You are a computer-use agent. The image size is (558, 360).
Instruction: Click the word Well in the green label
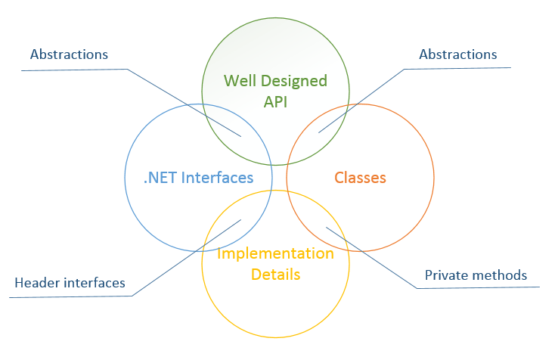[240, 81]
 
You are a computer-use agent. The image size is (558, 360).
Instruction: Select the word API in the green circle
[275, 102]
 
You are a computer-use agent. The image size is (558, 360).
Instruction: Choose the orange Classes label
[360, 178]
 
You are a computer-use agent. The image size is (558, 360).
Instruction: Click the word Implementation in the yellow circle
[275, 253]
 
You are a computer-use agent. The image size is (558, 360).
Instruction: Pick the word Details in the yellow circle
[275, 274]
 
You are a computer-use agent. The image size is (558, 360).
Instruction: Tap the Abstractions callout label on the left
[69, 54]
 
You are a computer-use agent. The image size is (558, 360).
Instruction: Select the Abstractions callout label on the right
[457, 54]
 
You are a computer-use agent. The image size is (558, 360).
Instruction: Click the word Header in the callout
[36, 283]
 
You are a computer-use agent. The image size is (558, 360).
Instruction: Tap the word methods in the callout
[500, 275]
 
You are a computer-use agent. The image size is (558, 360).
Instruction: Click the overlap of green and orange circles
[315, 137]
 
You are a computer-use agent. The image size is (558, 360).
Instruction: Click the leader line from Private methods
[370, 257]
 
